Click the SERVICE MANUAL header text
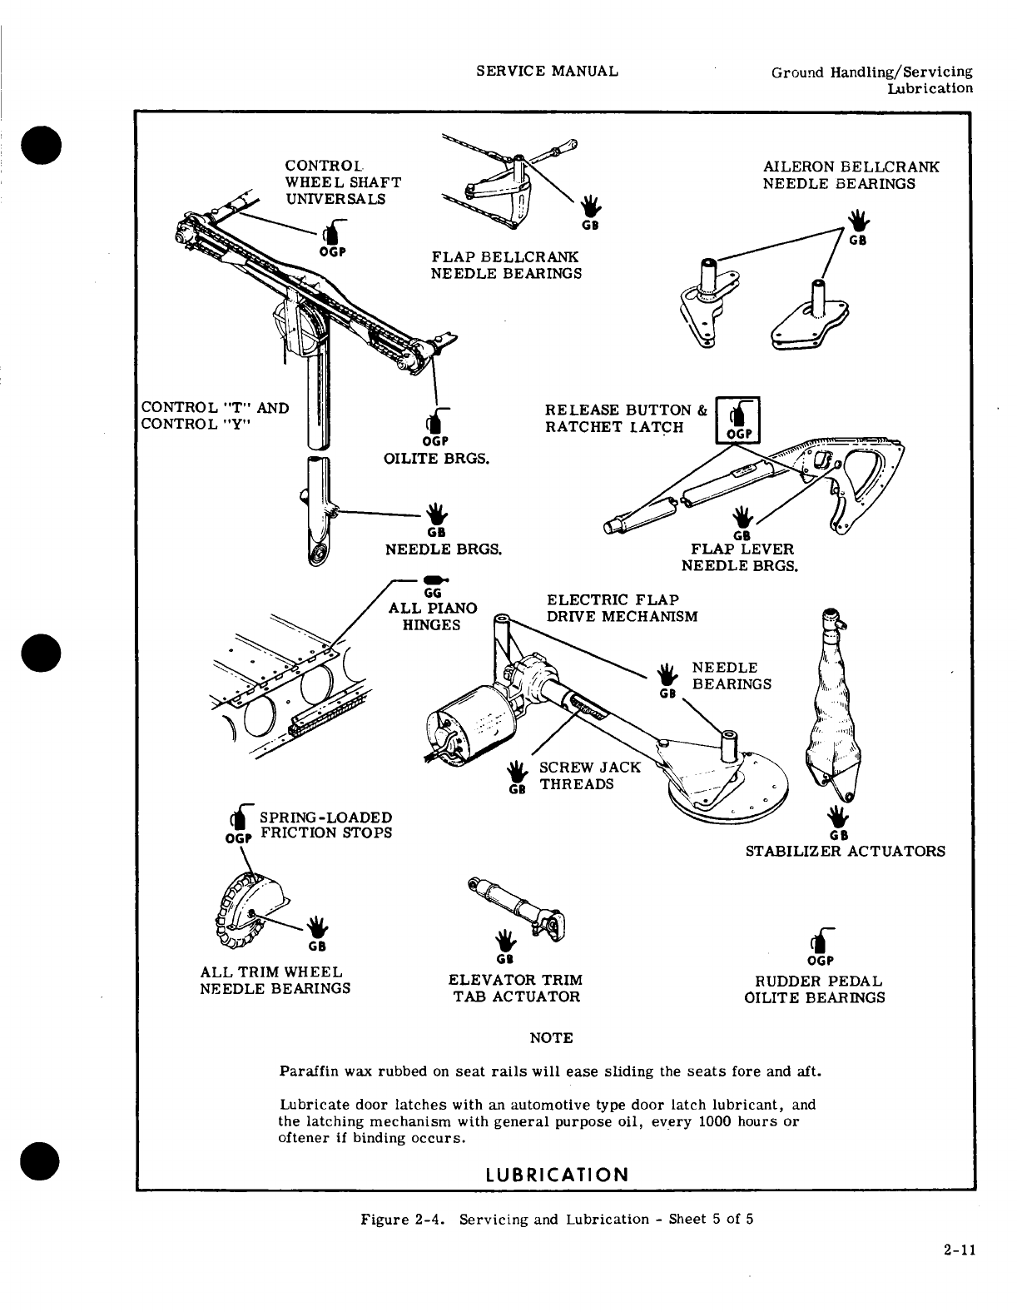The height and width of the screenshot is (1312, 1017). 547,71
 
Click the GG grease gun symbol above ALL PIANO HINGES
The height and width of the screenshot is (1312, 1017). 434,579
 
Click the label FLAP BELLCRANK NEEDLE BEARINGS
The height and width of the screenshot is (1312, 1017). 505,265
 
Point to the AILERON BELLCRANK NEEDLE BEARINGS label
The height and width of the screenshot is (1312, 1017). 851,175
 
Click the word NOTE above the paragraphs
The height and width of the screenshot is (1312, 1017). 551,1038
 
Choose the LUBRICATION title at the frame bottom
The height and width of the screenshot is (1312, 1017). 556,1175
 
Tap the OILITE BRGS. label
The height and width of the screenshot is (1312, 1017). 435,458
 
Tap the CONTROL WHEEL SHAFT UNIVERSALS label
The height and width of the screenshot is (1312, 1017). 342,182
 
